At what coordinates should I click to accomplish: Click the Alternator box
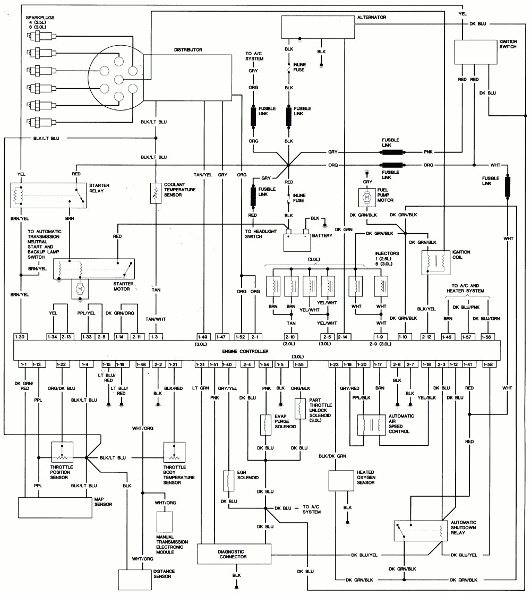click(x=316, y=27)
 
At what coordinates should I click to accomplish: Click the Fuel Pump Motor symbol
click(x=366, y=198)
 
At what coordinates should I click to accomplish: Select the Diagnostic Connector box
click(x=233, y=554)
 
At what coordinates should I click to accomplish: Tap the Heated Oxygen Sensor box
click(x=345, y=480)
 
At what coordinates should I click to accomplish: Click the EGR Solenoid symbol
click(x=228, y=480)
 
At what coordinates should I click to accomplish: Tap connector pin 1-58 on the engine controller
click(x=488, y=364)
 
